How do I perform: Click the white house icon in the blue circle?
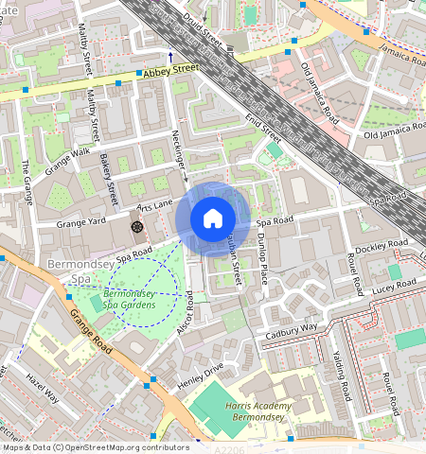pos(213,219)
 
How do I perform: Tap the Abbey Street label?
pos(171,69)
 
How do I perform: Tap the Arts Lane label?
pos(155,203)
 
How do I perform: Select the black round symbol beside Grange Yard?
pos(136,227)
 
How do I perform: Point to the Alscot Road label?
pos(186,313)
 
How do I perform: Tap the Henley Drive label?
pos(200,375)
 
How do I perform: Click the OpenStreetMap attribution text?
pos(95,447)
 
